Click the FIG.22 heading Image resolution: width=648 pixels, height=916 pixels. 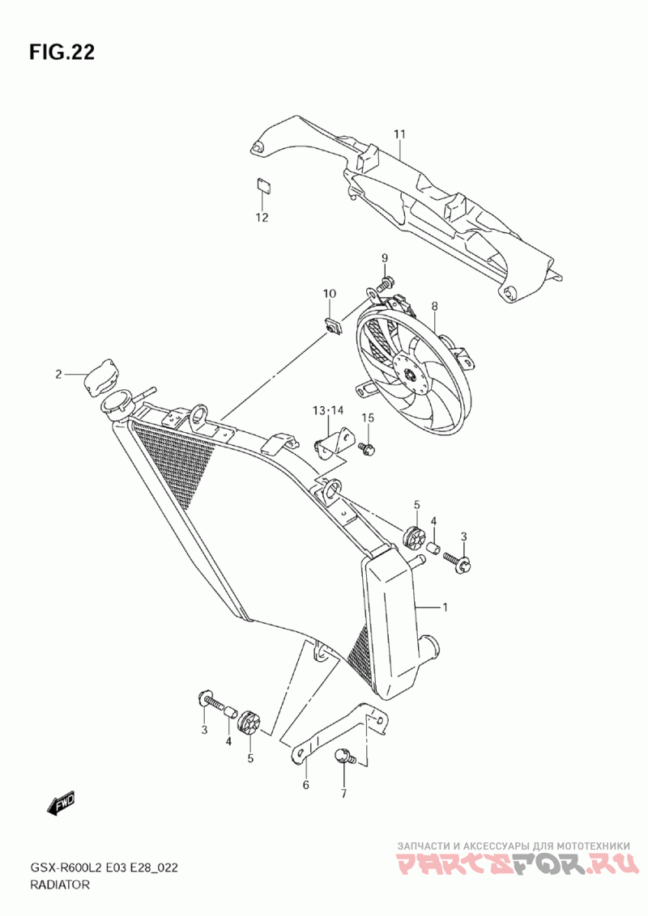[x=62, y=53]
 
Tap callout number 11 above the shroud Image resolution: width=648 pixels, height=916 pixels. [x=399, y=134]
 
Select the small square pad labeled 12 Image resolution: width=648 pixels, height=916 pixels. [x=262, y=185]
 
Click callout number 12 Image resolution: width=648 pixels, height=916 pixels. [x=262, y=218]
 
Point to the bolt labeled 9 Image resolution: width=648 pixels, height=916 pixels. [x=385, y=283]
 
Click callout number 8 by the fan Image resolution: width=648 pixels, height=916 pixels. [x=434, y=307]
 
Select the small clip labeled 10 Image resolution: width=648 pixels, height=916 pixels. [x=330, y=325]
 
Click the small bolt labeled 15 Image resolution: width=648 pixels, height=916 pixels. [x=367, y=447]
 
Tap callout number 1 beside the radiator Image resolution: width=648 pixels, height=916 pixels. [x=444, y=606]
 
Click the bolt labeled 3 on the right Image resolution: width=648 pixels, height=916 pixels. [x=463, y=563]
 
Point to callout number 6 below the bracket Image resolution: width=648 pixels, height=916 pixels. [x=305, y=785]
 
